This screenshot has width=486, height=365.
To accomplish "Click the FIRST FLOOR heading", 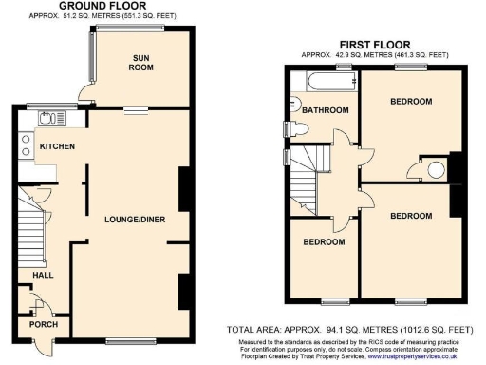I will (373, 44).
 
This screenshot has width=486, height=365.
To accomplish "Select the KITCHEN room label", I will (57, 145).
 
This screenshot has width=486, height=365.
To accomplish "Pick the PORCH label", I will (44, 324).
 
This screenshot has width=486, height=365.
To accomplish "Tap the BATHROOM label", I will (325, 110).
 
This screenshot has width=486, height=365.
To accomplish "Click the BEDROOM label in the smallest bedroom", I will (324, 241).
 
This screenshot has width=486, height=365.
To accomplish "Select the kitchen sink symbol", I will (47, 118).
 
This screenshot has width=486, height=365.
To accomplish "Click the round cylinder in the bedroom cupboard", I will (436, 170).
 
